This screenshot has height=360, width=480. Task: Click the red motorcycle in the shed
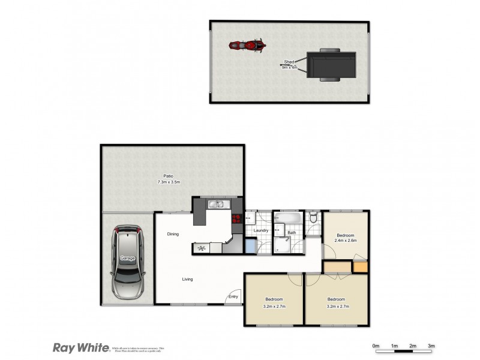click(x=247, y=45)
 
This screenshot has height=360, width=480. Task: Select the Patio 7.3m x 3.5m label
click(x=169, y=179)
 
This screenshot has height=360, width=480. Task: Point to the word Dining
click(x=173, y=234)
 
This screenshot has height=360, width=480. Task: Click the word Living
click(x=188, y=279)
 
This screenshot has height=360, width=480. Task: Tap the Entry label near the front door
click(x=233, y=296)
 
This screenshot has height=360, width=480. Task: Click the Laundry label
click(x=260, y=230)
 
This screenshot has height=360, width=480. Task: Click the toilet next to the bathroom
click(x=314, y=217)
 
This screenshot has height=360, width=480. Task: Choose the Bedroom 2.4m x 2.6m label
click(x=346, y=238)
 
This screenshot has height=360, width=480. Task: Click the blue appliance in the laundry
click(x=251, y=245)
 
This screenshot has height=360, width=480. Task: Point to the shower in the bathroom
click(x=283, y=244)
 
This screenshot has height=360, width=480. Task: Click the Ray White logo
click(x=80, y=347)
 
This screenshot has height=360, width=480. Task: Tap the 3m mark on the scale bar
click(x=431, y=346)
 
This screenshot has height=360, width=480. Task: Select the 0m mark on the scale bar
click(x=376, y=346)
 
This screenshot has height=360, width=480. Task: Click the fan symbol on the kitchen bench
click(x=202, y=248)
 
